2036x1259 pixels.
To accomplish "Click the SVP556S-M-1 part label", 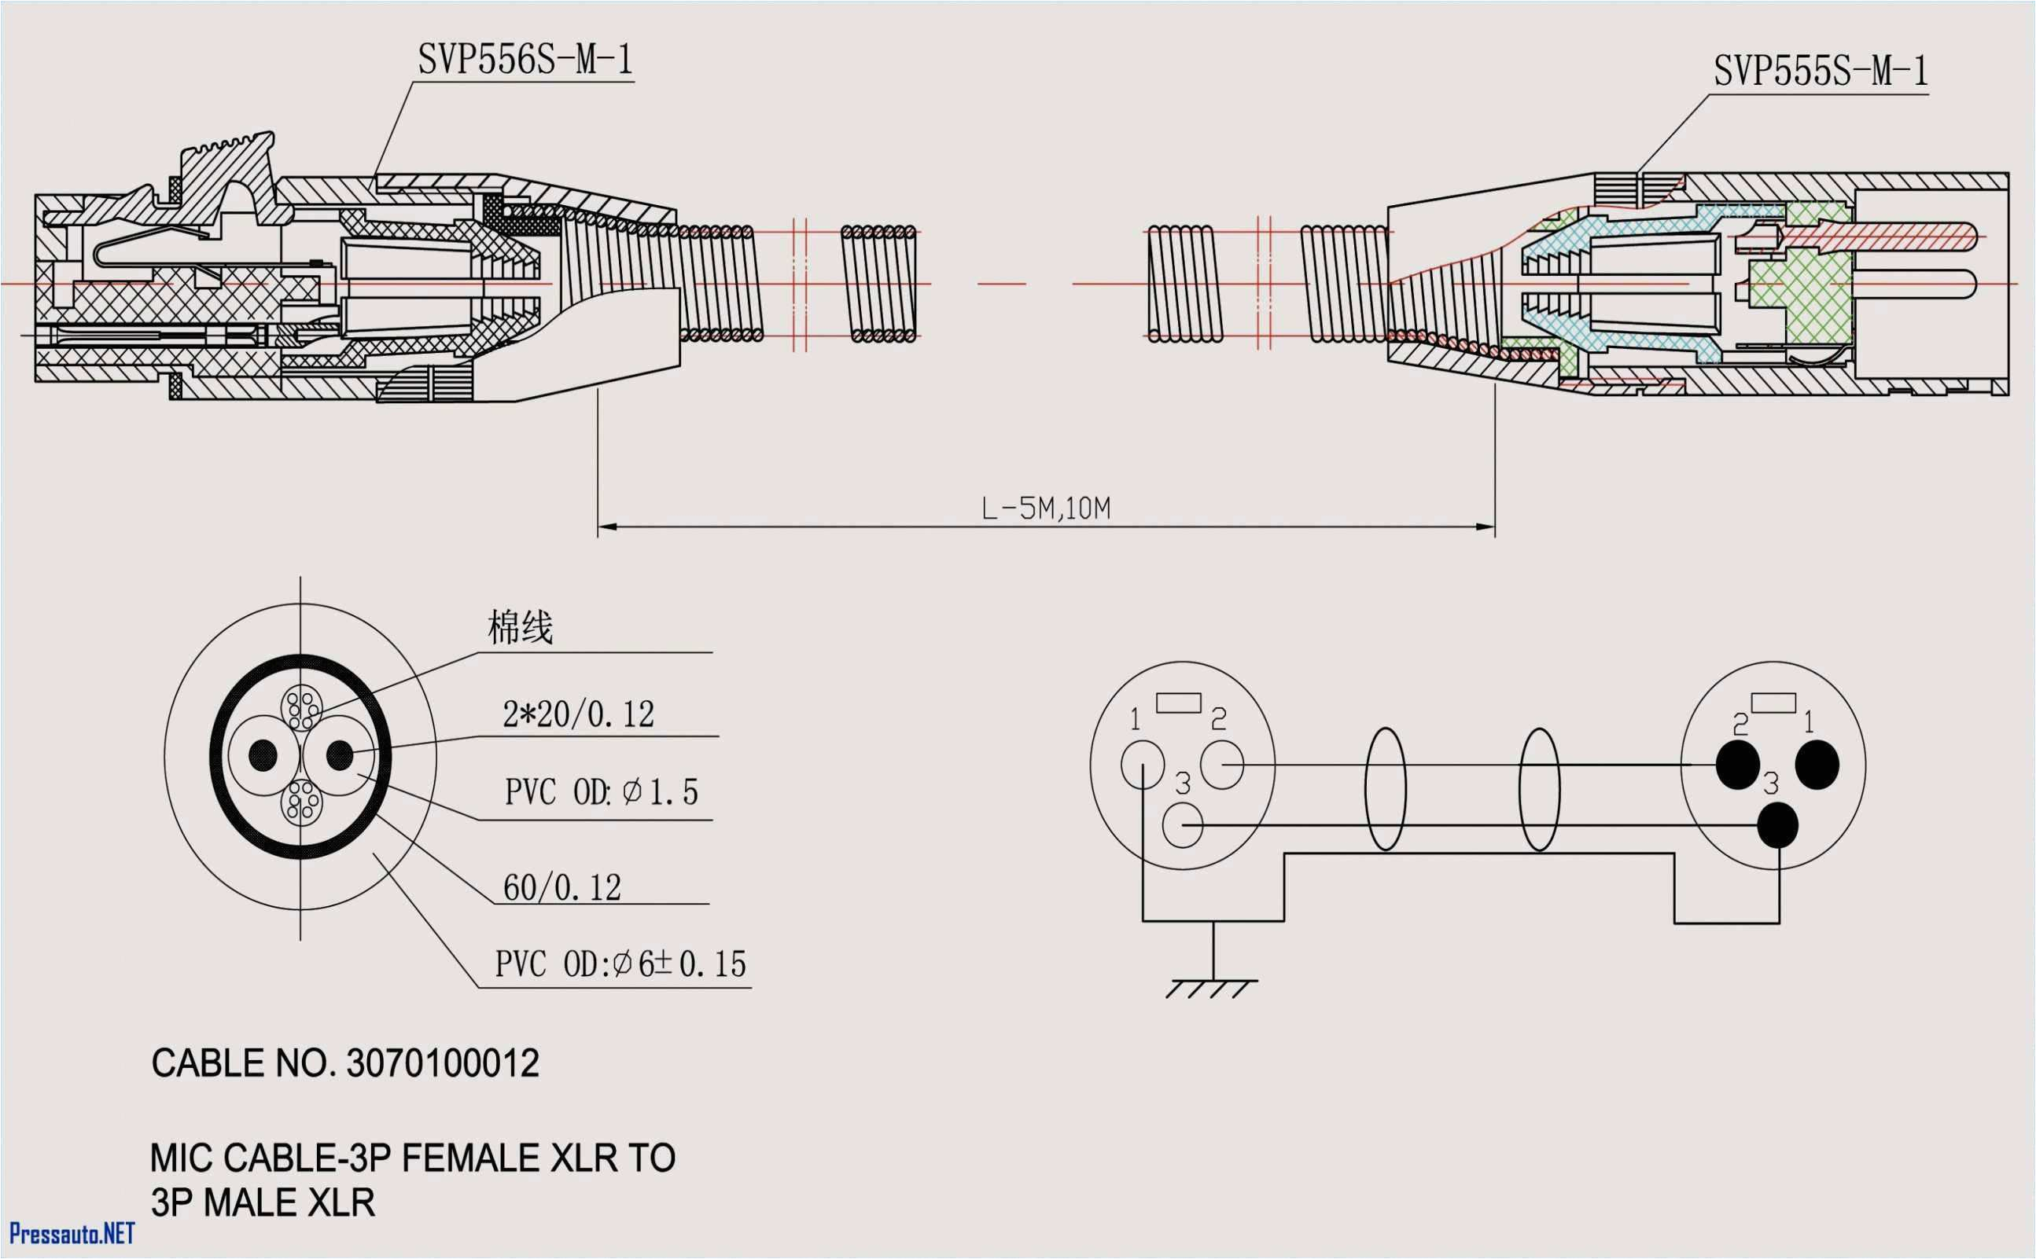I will coord(525,60).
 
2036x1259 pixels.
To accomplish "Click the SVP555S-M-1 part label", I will coord(1821,72).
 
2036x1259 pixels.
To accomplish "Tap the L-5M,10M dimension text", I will coord(1045,508).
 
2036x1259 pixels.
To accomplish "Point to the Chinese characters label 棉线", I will coord(520,627).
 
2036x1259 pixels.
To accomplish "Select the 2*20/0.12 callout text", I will coord(578,714).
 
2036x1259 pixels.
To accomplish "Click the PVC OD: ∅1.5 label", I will coord(601,792).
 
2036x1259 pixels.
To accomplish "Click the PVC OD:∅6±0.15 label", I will coord(620,964).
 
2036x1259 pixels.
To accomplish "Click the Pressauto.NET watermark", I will coord(72,1233).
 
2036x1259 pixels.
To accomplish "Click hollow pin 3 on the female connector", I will coord(1182,826).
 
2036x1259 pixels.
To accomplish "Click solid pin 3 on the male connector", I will coord(1778,825).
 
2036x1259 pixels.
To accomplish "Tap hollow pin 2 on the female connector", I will coord(1221,765).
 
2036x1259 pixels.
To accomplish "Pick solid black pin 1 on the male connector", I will coord(1817,765).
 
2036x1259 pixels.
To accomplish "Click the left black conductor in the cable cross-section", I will coord(263,755).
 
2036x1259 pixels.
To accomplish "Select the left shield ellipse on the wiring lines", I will coord(1385,789).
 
